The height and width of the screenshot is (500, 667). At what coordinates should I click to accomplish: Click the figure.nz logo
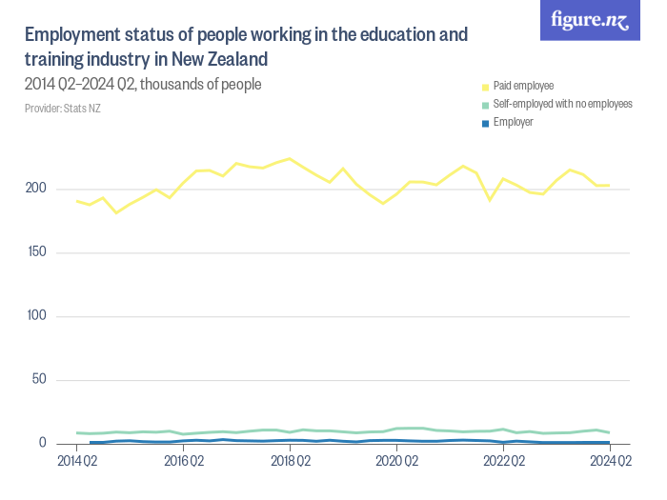590,20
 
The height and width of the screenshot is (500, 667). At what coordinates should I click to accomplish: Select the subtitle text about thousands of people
143,85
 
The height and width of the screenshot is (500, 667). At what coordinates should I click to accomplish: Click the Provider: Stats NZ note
63,108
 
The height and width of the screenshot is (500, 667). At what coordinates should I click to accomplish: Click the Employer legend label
513,122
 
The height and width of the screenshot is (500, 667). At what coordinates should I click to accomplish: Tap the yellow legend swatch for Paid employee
486,86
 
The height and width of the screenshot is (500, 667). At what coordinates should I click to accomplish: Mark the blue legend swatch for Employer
486,122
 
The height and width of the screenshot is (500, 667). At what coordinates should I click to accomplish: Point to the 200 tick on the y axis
36,189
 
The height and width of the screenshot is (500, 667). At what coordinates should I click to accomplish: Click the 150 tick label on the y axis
36,252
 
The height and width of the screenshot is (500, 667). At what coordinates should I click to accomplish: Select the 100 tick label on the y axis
36,316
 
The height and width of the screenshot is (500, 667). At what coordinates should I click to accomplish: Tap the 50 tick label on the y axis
39,380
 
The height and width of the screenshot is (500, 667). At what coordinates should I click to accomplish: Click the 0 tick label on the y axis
43,444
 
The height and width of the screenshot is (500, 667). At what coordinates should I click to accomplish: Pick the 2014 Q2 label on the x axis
77,462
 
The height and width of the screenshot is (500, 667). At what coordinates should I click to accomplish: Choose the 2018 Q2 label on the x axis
290,462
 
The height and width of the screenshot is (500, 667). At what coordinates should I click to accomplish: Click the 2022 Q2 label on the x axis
502,462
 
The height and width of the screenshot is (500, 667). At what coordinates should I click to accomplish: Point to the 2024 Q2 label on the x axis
609,462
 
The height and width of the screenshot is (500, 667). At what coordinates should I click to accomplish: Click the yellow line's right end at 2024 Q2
609,186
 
